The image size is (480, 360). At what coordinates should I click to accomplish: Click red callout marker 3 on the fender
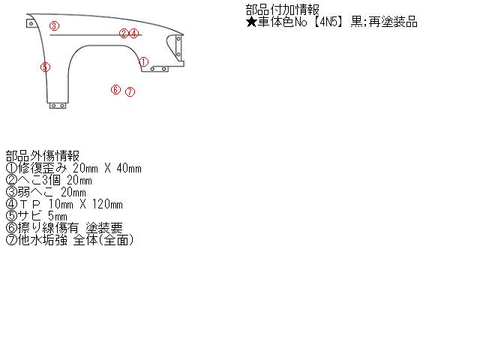[54, 25]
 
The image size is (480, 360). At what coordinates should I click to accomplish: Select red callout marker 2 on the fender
[124, 33]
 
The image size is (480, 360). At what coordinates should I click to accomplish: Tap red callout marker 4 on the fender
[133, 33]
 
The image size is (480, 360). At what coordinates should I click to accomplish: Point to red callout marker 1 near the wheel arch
[143, 61]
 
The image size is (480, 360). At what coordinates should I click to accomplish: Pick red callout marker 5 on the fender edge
[45, 67]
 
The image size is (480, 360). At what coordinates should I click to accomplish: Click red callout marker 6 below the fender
[115, 89]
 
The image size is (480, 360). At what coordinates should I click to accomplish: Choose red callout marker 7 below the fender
[130, 91]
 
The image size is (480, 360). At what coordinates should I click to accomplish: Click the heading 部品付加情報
[283, 10]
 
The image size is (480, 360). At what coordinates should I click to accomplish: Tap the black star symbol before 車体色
[251, 22]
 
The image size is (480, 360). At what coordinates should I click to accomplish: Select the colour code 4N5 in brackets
[328, 22]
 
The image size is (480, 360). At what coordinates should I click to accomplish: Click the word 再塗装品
[393, 22]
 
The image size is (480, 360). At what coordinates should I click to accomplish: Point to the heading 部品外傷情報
[43, 156]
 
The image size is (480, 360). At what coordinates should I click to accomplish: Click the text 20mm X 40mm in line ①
[107, 168]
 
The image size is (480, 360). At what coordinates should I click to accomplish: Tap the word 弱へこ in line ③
[35, 192]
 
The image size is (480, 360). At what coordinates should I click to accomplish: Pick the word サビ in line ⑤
[29, 216]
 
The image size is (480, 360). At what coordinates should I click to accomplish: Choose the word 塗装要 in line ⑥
[104, 228]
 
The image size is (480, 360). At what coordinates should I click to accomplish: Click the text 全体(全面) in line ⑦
[103, 240]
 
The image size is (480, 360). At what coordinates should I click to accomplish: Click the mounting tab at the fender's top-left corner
[31, 23]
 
